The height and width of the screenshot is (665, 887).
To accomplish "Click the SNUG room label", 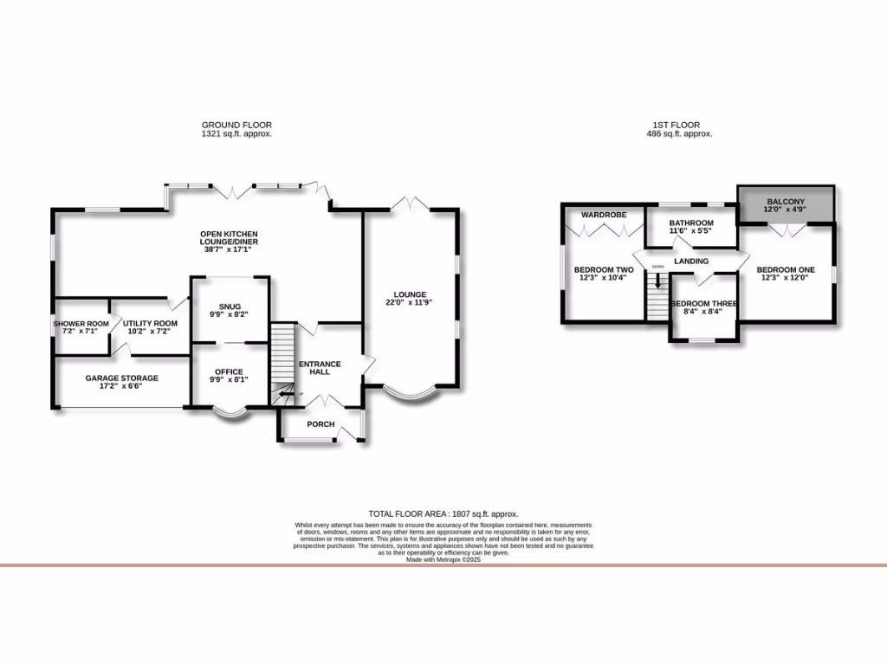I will click(x=230, y=307).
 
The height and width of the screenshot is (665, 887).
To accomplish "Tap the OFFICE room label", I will click(x=229, y=371).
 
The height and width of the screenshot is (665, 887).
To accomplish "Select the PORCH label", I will click(x=320, y=424).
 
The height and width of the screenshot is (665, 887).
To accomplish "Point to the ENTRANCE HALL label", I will click(x=320, y=368).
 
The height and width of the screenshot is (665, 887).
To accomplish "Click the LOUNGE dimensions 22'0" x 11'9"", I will click(x=408, y=303).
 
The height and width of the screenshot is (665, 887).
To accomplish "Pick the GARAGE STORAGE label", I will click(x=121, y=378).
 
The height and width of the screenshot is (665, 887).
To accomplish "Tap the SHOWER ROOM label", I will click(x=81, y=323).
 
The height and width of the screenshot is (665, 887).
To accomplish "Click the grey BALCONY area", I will click(x=786, y=204).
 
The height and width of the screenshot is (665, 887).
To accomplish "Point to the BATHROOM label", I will click(x=691, y=223).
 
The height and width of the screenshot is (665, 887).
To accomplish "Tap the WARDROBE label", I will click(x=603, y=213).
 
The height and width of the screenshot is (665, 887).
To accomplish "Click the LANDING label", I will click(x=691, y=261).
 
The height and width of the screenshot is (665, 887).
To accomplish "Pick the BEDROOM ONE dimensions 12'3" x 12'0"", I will click(x=786, y=278).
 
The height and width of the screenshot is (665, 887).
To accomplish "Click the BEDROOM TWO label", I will click(x=604, y=270).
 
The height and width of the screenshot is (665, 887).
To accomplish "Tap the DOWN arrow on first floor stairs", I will click(x=658, y=279).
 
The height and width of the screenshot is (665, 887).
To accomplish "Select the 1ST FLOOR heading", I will click(x=679, y=126).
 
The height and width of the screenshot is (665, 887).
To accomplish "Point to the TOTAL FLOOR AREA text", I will click(x=443, y=514).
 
